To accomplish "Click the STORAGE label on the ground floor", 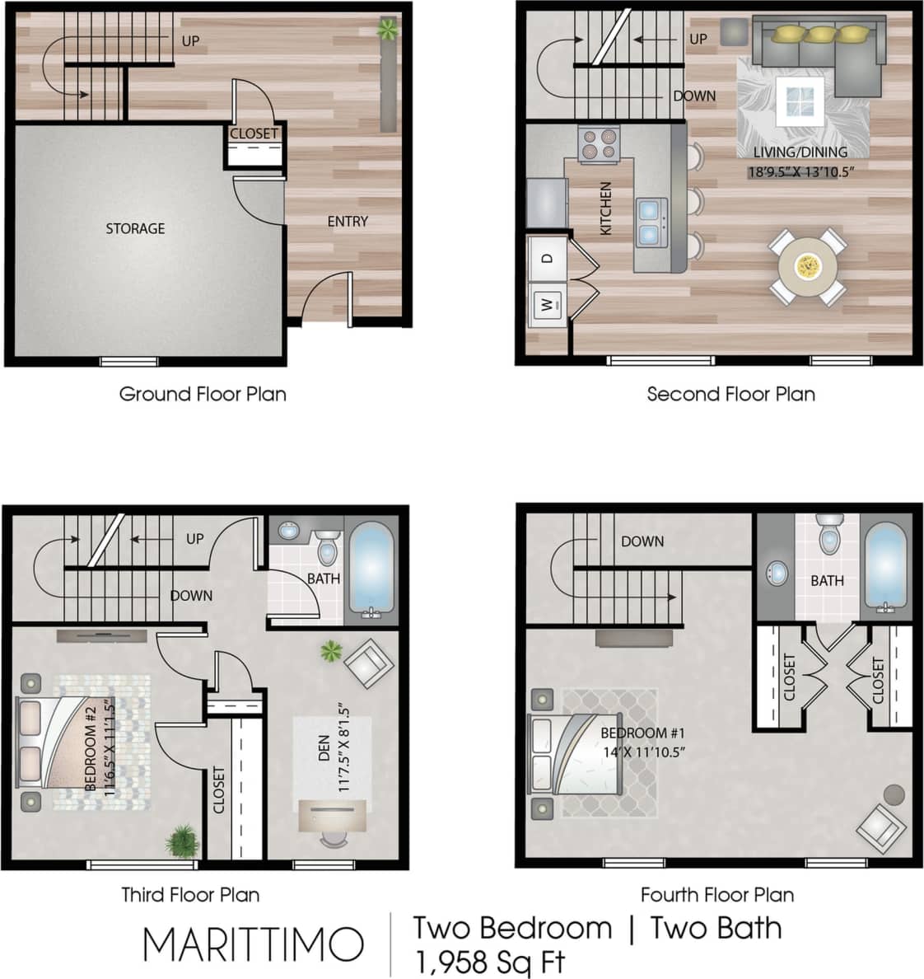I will pyautogui.click(x=135, y=228).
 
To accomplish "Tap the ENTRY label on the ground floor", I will pyautogui.click(x=348, y=221).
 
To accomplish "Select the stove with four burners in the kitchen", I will pyautogui.click(x=599, y=143).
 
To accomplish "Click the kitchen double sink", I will pyautogui.click(x=651, y=222).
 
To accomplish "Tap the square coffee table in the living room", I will pyautogui.click(x=800, y=102).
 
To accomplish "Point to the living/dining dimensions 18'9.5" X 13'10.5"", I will pyautogui.click(x=800, y=172).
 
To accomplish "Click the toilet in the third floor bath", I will pyautogui.click(x=328, y=547).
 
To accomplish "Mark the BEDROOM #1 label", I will pyautogui.click(x=642, y=733).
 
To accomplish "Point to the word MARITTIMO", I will pyautogui.click(x=253, y=944).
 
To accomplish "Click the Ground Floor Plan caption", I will pyautogui.click(x=203, y=394).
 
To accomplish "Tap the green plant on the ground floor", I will pyautogui.click(x=387, y=30).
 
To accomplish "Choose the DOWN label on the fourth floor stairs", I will pyautogui.click(x=642, y=541).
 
